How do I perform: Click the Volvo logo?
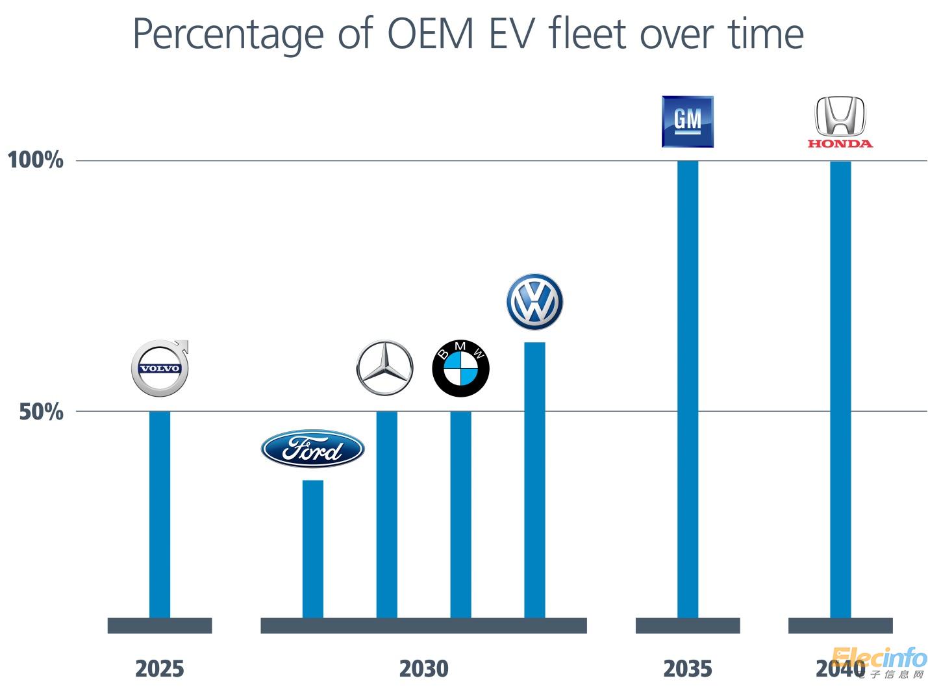click(x=160, y=368)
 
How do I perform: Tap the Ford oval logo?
click(x=312, y=449)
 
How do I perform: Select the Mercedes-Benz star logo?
click(x=384, y=368)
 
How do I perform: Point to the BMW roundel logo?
click(x=460, y=368)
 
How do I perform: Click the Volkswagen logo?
click(x=534, y=302)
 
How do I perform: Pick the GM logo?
click(x=687, y=121)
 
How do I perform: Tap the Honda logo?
click(x=840, y=122)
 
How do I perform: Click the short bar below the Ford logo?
click(x=313, y=549)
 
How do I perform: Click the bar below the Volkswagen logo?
click(x=534, y=480)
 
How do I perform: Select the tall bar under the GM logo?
click(x=688, y=390)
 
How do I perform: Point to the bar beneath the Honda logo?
click(x=840, y=390)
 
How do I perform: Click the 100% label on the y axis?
click(x=36, y=160)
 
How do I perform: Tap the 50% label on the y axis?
click(x=42, y=412)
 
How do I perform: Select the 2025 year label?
click(x=160, y=668)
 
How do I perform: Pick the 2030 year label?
click(x=423, y=668)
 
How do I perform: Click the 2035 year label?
click(x=688, y=668)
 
